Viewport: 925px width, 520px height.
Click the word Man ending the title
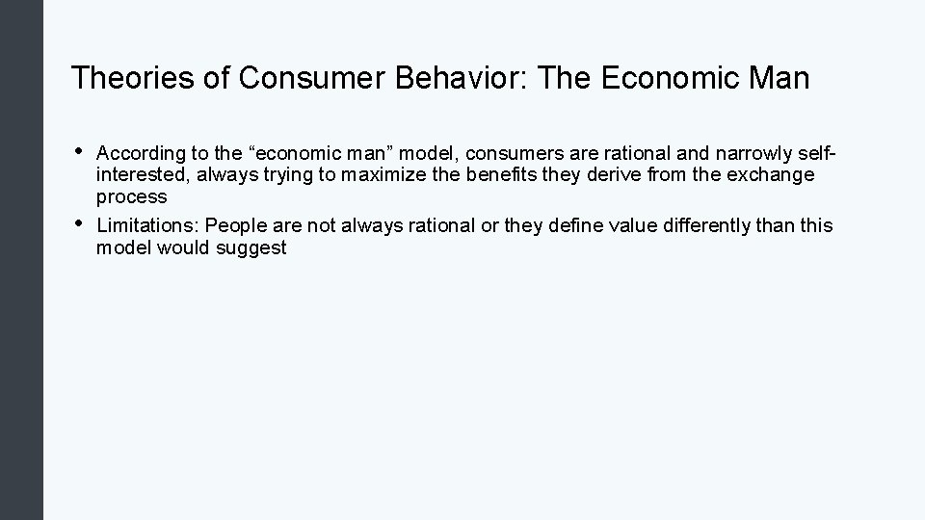coord(778,78)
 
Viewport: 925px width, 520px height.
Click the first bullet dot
coord(77,150)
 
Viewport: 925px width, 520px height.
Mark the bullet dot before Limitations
coord(77,224)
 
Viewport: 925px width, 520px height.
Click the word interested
coord(135,174)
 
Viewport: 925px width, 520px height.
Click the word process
coord(131,196)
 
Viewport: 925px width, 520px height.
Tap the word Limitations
coord(146,226)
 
